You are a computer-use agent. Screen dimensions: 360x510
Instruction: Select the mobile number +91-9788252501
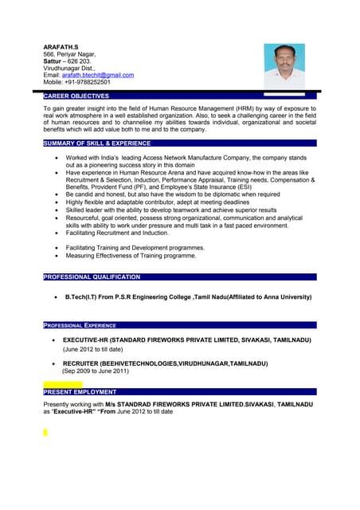pyautogui.click(x=88, y=82)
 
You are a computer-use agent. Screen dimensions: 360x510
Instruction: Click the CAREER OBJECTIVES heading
pyautogui.click(x=76, y=96)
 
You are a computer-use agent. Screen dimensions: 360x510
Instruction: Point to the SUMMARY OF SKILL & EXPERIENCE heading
pyautogui.click(x=96, y=143)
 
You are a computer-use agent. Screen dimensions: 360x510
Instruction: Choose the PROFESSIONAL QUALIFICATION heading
pyautogui.click(x=92, y=277)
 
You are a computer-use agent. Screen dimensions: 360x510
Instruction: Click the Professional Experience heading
pyautogui.click(x=80, y=325)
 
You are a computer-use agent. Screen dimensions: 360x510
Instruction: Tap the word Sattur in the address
pyautogui.click(x=54, y=61)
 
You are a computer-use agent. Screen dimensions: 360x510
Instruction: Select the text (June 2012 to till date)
pyautogui.click(x=93, y=349)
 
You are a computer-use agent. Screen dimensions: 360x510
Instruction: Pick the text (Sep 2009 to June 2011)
pyautogui.click(x=95, y=371)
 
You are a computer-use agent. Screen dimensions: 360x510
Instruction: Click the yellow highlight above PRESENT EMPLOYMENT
pyautogui.click(x=62, y=383)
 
